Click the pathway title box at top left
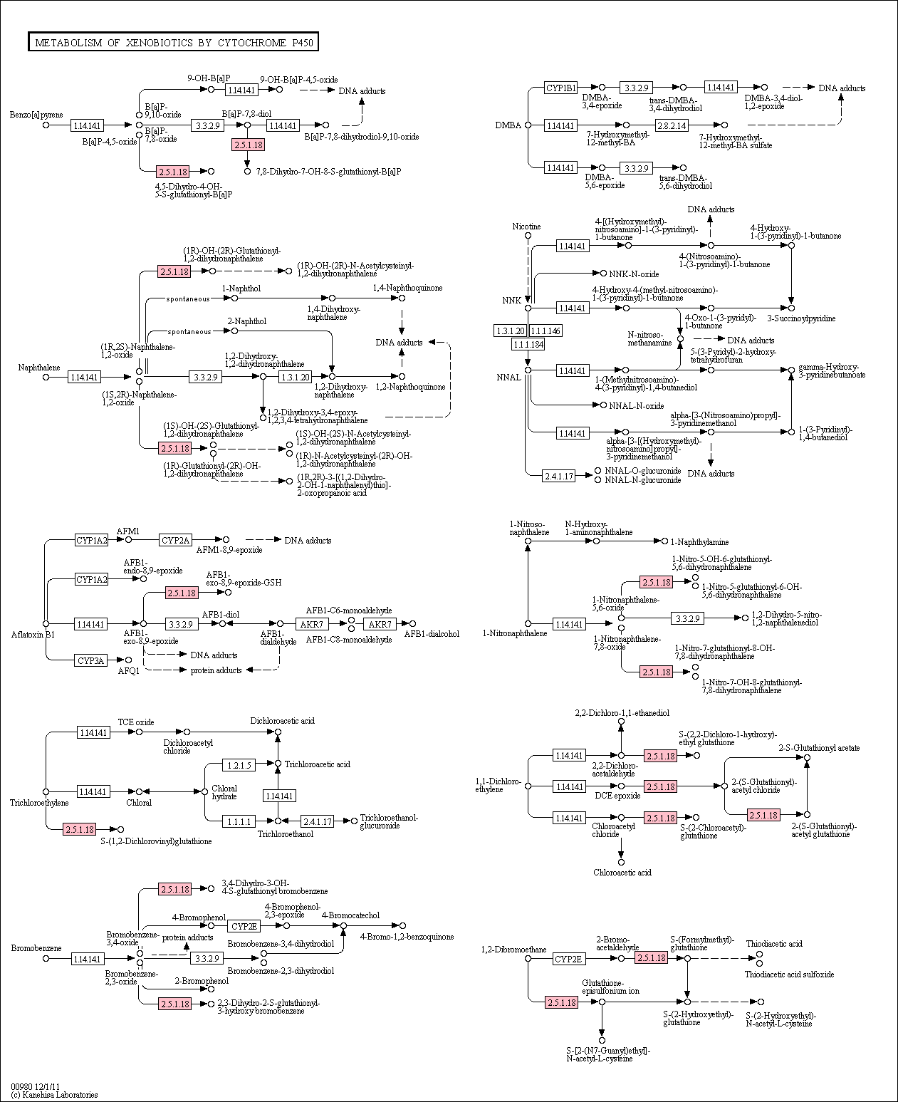pos(173,43)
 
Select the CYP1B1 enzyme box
pos(560,88)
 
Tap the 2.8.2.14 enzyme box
pos(672,125)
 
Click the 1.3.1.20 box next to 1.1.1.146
pos(511,331)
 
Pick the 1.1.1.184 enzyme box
pos(528,344)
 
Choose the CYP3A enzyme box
pos(91,660)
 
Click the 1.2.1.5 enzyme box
pos(239,764)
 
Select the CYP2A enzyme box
pos(175,540)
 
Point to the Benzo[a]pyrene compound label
pos(36,115)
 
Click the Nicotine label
pos(526,227)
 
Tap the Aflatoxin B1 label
pos(33,634)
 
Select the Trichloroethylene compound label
pos(39,802)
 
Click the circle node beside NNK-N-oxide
pos(603,273)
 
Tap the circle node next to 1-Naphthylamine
pos(664,541)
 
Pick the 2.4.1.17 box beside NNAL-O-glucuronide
pos(559,475)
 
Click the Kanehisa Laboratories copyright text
pos(54,1094)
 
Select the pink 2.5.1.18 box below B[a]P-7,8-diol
pos(249,145)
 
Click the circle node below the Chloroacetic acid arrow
pos(621,862)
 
